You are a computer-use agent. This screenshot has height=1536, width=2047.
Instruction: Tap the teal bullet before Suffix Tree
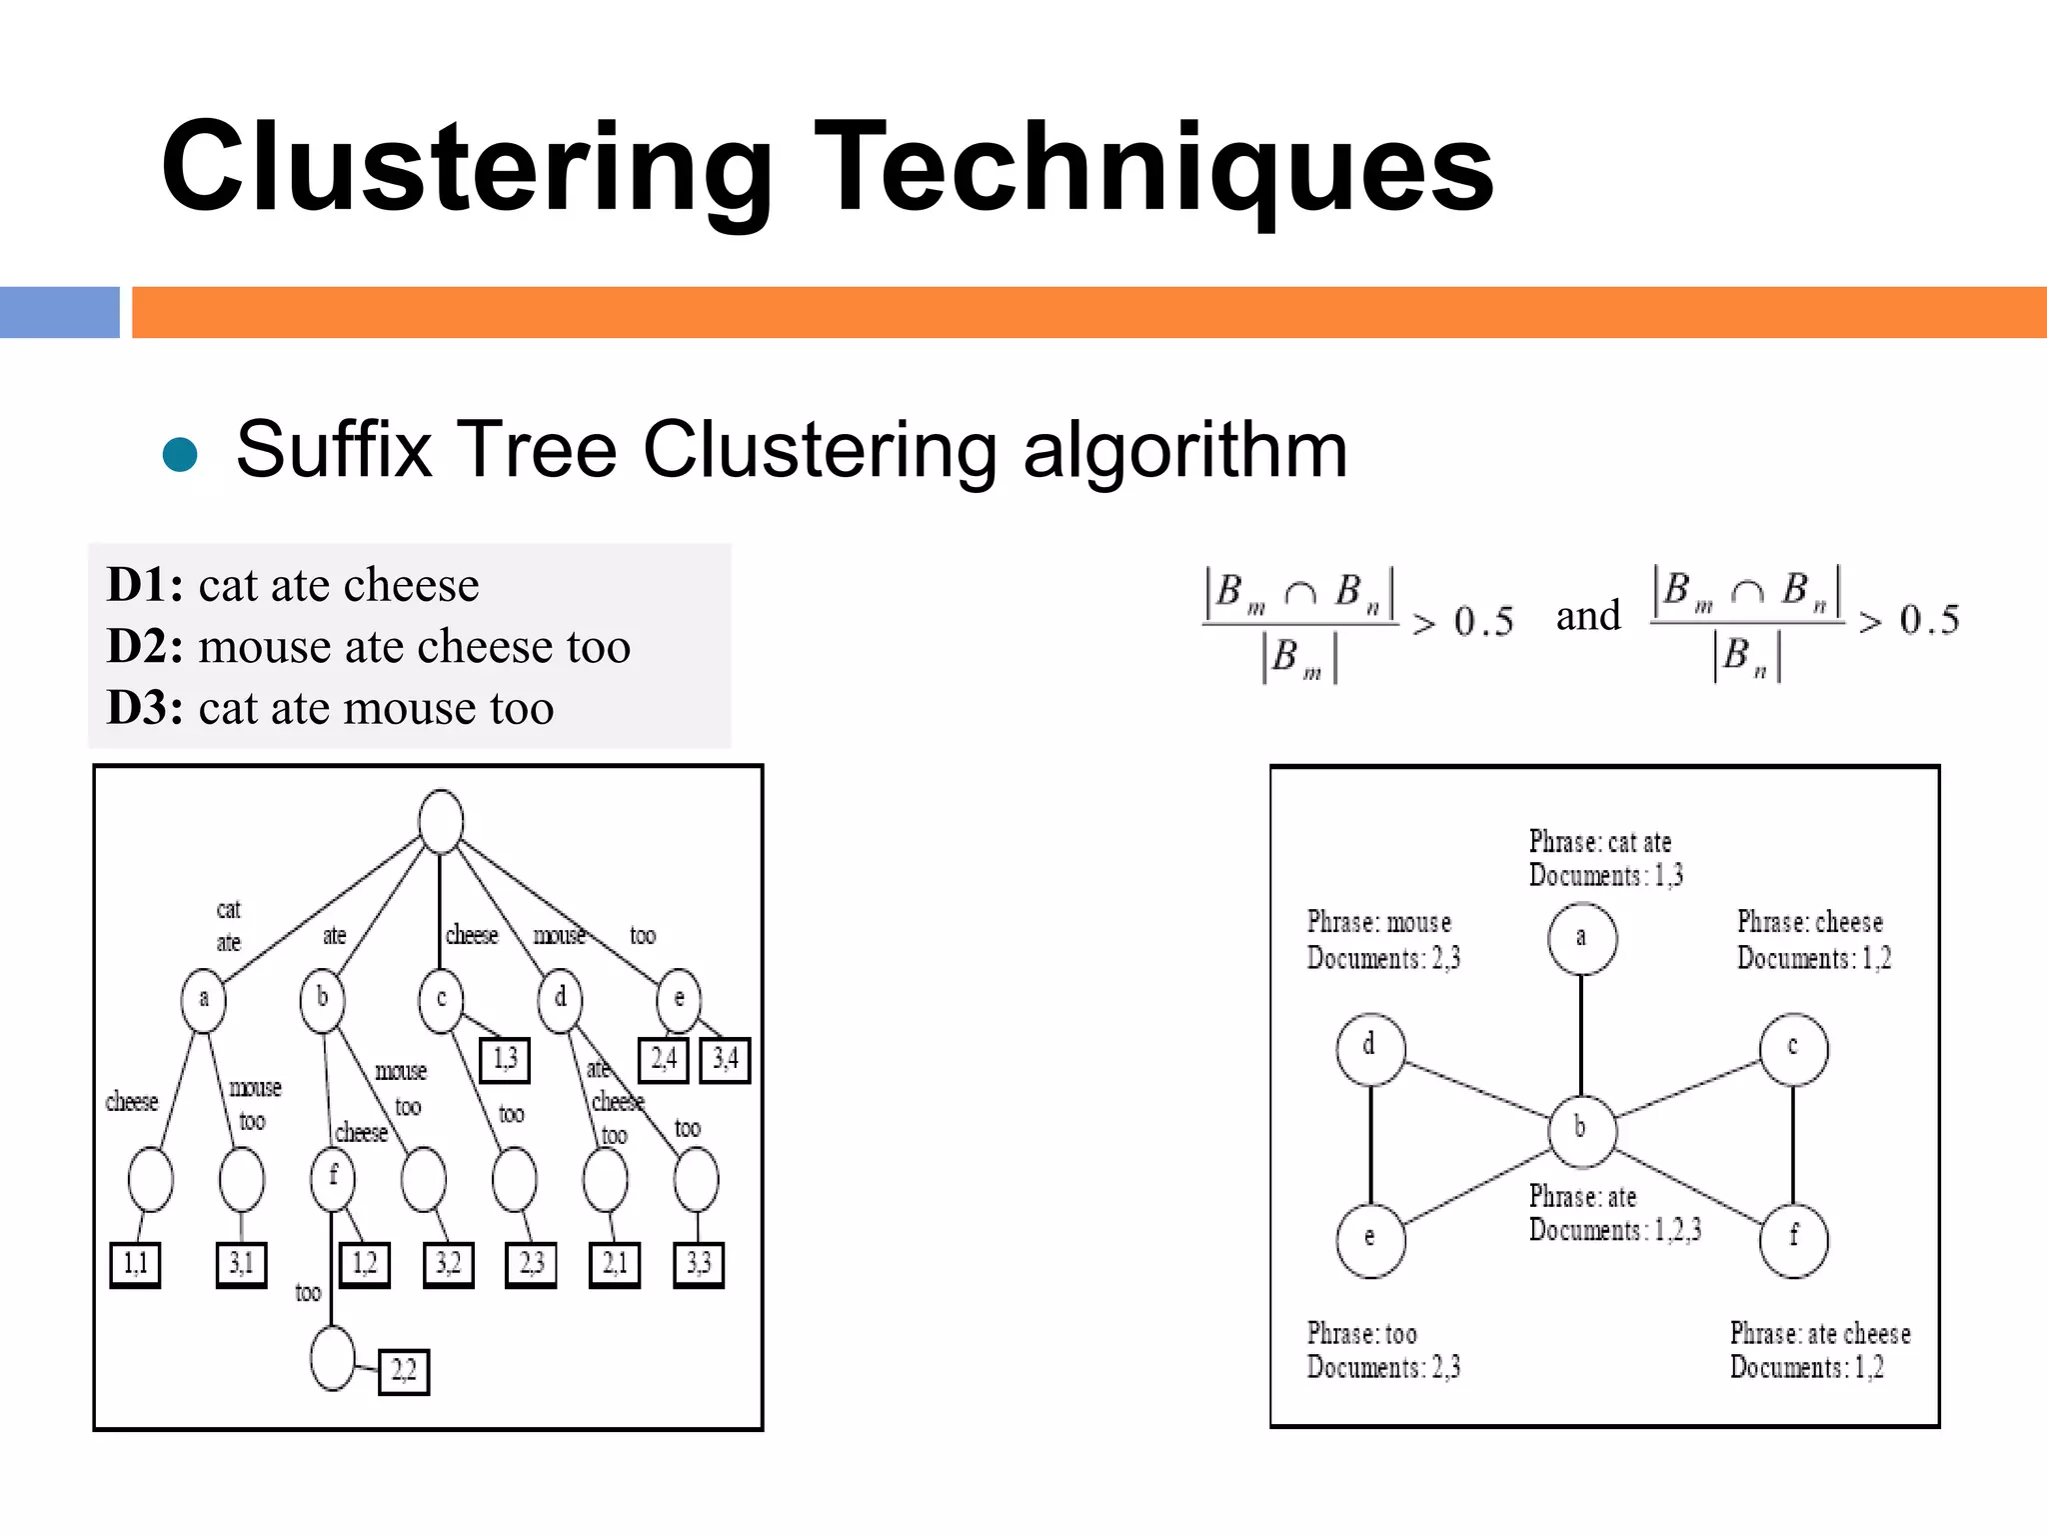tap(180, 453)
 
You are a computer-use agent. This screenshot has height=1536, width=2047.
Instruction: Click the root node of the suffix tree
tap(441, 821)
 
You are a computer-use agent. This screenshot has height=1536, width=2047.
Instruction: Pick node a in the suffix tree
tap(203, 999)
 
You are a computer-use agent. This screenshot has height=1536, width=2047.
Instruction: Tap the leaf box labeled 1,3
tap(505, 1060)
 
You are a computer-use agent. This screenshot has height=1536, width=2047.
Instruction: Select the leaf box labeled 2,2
tap(404, 1371)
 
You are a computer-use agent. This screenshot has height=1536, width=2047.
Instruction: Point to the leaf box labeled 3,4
tap(725, 1059)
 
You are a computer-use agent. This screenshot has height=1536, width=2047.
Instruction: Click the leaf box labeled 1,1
tap(135, 1264)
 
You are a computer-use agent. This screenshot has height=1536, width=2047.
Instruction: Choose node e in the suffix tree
tap(679, 999)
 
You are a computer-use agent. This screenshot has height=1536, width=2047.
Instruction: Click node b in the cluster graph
tap(1581, 1130)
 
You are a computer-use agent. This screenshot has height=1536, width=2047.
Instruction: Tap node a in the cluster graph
tap(1581, 938)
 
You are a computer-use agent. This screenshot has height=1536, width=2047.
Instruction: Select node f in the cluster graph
tap(1793, 1239)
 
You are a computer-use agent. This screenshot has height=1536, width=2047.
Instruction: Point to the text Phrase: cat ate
tap(1599, 842)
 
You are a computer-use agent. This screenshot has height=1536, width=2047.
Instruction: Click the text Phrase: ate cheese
tap(1819, 1334)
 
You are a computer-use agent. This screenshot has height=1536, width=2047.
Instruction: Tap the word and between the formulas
tap(1587, 616)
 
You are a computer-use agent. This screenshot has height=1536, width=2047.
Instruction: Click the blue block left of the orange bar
tap(60, 312)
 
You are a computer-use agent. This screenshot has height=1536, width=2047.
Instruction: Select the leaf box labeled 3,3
tap(698, 1264)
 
